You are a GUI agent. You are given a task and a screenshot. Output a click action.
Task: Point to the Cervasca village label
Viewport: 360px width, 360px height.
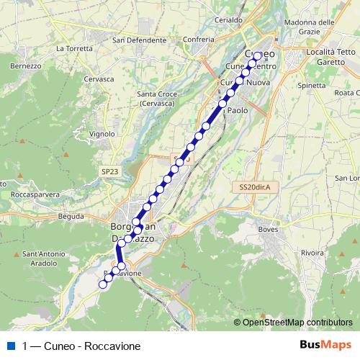(x=99, y=78)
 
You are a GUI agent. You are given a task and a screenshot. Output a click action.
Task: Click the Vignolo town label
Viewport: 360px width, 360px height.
(x=102, y=133)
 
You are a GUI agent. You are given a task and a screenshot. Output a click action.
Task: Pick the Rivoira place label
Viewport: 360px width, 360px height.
(x=312, y=253)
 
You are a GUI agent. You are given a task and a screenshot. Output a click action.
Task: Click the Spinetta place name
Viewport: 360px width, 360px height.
(x=312, y=85)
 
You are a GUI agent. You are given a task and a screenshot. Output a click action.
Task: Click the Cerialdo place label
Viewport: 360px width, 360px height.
(x=228, y=20)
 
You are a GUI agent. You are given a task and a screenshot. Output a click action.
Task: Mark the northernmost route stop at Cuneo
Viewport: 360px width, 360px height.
(x=257, y=55)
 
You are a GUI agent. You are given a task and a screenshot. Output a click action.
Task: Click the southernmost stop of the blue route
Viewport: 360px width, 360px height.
(x=102, y=284)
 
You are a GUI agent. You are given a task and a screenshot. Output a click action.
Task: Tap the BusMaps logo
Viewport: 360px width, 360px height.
(x=324, y=345)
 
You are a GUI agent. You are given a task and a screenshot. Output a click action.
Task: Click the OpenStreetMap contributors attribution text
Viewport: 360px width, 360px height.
(x=297, y=322)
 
